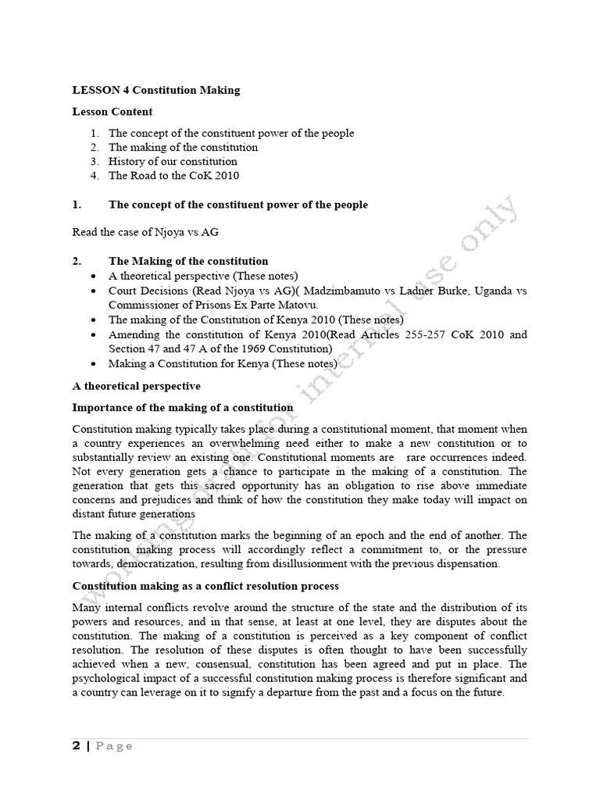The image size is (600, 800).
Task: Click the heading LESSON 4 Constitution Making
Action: click(x=156, y=90)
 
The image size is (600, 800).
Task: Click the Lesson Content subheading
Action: click(x=112, y=112)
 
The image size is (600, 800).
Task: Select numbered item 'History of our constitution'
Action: click(x=173, y=161)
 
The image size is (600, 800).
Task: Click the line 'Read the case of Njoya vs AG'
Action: click(x=145, y=232)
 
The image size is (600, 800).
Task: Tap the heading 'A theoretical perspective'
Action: click(x=136, y=386)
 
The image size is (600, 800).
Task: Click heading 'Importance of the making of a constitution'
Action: click(x=183, y=407)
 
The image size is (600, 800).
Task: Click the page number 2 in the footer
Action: click(x=77, y=745)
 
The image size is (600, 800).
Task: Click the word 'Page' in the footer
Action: click(x=114, y=746)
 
